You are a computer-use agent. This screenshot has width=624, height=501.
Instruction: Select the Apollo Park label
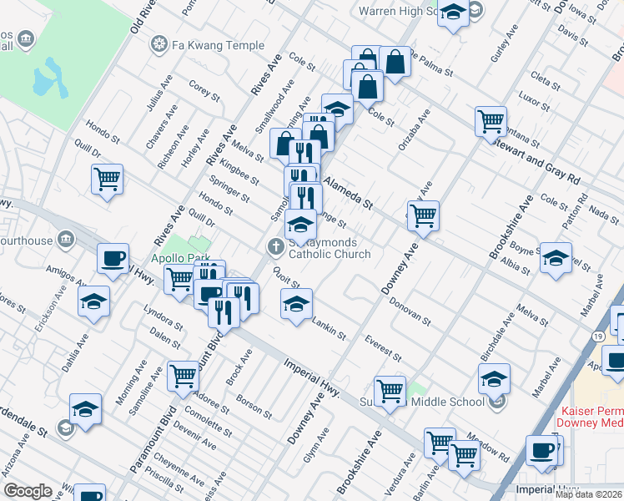[177, 259]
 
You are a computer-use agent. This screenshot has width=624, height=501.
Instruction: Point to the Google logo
[28, 490]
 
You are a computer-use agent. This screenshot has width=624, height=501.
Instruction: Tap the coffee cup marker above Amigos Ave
[113, 258]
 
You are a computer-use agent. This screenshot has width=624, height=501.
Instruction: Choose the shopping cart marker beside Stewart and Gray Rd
[491, 120]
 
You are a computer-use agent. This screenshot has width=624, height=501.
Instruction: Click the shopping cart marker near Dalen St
[183, 375]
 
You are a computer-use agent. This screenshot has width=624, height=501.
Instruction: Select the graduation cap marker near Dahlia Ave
[95, 301]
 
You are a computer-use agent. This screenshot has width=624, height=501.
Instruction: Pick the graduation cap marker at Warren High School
[453, 13]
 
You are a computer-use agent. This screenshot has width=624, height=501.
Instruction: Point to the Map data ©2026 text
[589, 494]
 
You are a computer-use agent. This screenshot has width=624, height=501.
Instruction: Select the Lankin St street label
[329, 328]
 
